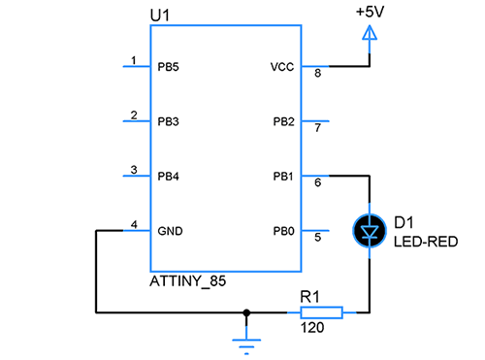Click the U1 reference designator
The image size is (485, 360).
coord(160,16)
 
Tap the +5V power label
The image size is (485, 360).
coord(370,12)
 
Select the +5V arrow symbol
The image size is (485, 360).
coord(370,33)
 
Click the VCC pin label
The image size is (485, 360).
coord(282,67)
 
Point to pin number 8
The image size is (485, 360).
coord(318,73)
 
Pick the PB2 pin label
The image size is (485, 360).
coord(283,121)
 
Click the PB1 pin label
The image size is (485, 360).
coord(283,177)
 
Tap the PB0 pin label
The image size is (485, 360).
coord(283,231)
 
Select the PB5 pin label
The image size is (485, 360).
coord(168,67)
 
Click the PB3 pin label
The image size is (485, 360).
coord(168,121)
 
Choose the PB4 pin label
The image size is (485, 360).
coord(168,177)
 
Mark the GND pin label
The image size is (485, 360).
coord(170,231)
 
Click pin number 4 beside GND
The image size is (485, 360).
coord(134,224)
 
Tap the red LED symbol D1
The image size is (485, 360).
coord(370,231)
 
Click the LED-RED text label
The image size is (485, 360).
coord(426,242)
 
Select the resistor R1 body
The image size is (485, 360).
coord(321,312)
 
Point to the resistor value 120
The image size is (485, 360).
coord(312,328)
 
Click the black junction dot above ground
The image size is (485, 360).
coord(246,312)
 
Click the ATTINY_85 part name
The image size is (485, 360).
coord(188,281)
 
